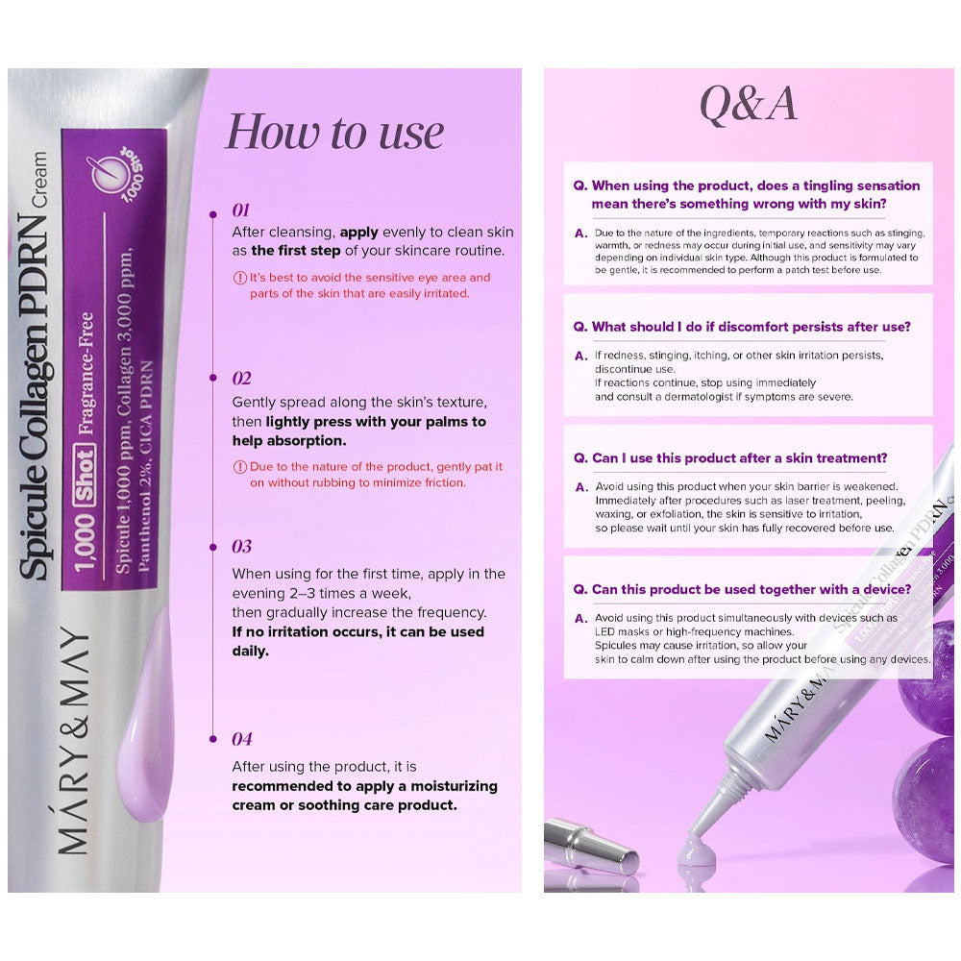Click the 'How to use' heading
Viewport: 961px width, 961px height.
333,132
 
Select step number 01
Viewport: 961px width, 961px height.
240,209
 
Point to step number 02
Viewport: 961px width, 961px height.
241,378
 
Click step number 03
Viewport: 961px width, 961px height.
241,546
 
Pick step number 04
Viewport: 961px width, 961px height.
241,739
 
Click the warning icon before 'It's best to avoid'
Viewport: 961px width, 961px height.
239,278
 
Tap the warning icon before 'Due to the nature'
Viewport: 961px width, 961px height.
239,467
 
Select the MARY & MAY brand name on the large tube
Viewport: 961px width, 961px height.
73,740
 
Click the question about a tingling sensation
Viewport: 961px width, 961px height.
747,194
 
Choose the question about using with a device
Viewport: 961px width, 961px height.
746,589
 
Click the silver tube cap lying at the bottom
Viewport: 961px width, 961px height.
590,845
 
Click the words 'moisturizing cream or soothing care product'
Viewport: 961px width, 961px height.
363,796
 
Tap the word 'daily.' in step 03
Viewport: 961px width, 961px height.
252,651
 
